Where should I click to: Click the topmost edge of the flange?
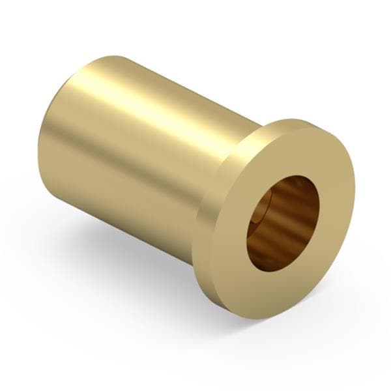(300, 120)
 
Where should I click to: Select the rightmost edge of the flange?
(355, 189)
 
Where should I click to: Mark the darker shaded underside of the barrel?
(130, 215)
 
